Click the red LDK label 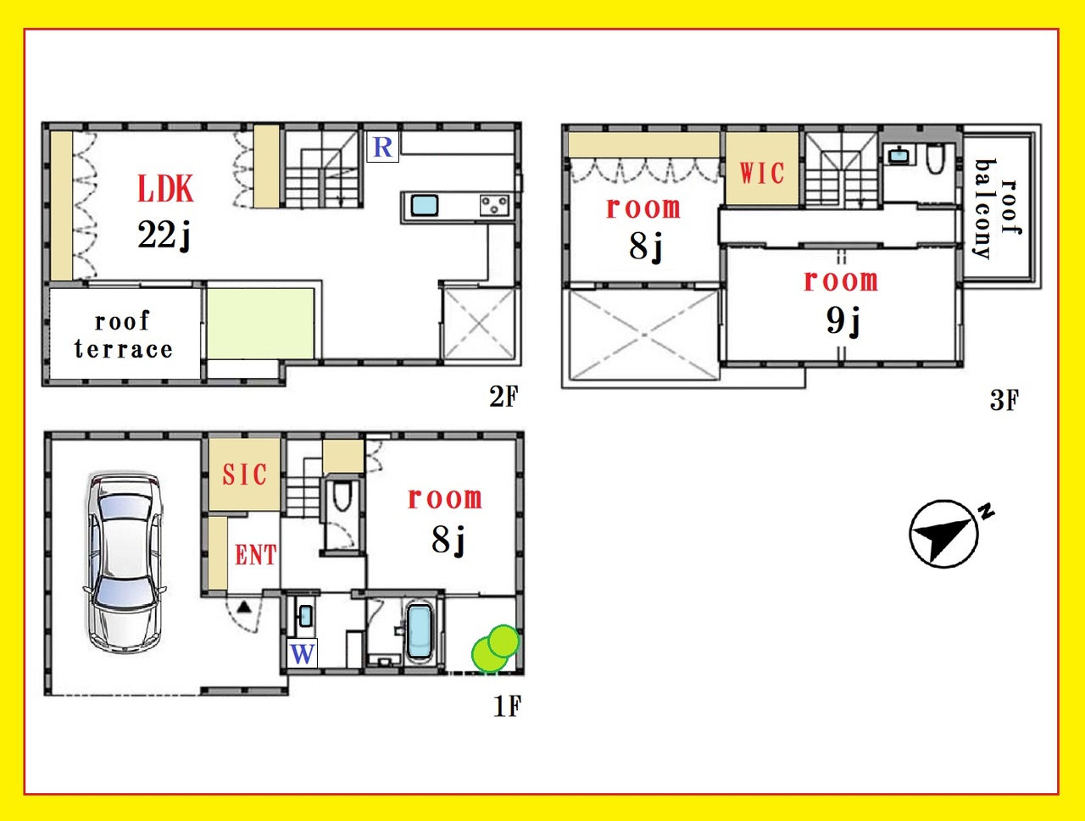tap(165, 189)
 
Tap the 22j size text tap(164, 236)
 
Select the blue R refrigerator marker tap(382, 147)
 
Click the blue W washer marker tap(302, 654)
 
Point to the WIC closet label tap(762, 173)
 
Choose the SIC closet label tap(244, 474)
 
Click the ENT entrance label tap(255, 555)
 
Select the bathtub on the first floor tap(420, 632)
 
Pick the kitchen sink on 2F tap(425, 205)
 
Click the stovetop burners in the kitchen tap(494, 206)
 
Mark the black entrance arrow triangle tap(244, 607)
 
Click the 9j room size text tap(843, 321)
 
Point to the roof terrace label tap(123, 335)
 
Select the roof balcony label tap(997, 208)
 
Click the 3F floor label tap(1004, 400)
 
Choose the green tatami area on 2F tap(260, 324)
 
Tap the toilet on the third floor tap(935, 158)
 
